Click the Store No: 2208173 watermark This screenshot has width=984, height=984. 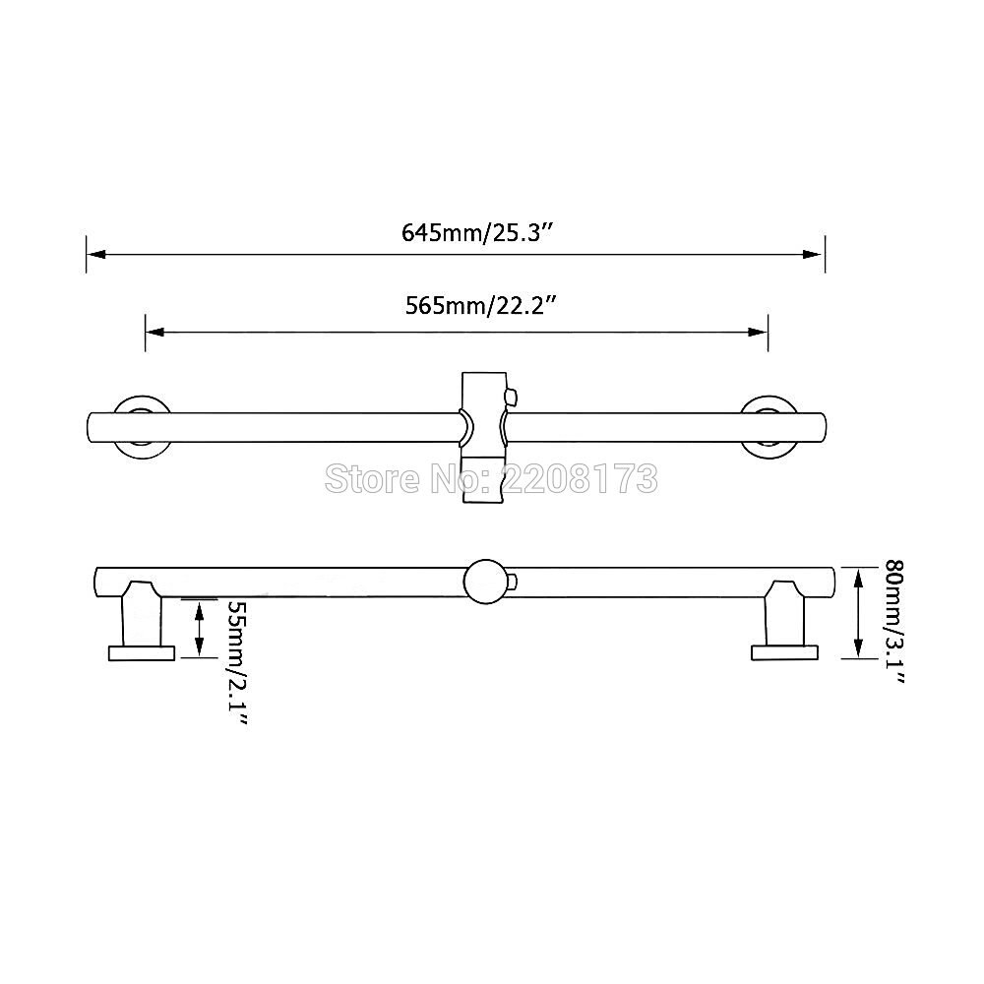tap(490, 479)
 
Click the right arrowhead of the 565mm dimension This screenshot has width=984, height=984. tap(760, 332)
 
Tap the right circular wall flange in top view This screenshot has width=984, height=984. tap(770, 426)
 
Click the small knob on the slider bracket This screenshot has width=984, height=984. tap(511, 397)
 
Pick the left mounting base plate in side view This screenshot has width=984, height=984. tap(141, 652)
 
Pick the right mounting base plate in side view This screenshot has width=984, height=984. tap(784, 651)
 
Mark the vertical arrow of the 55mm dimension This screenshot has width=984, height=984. tap(200, 630)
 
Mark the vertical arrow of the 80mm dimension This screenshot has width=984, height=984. tap(859, 612)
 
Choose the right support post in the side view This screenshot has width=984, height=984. tap(785, 614)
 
